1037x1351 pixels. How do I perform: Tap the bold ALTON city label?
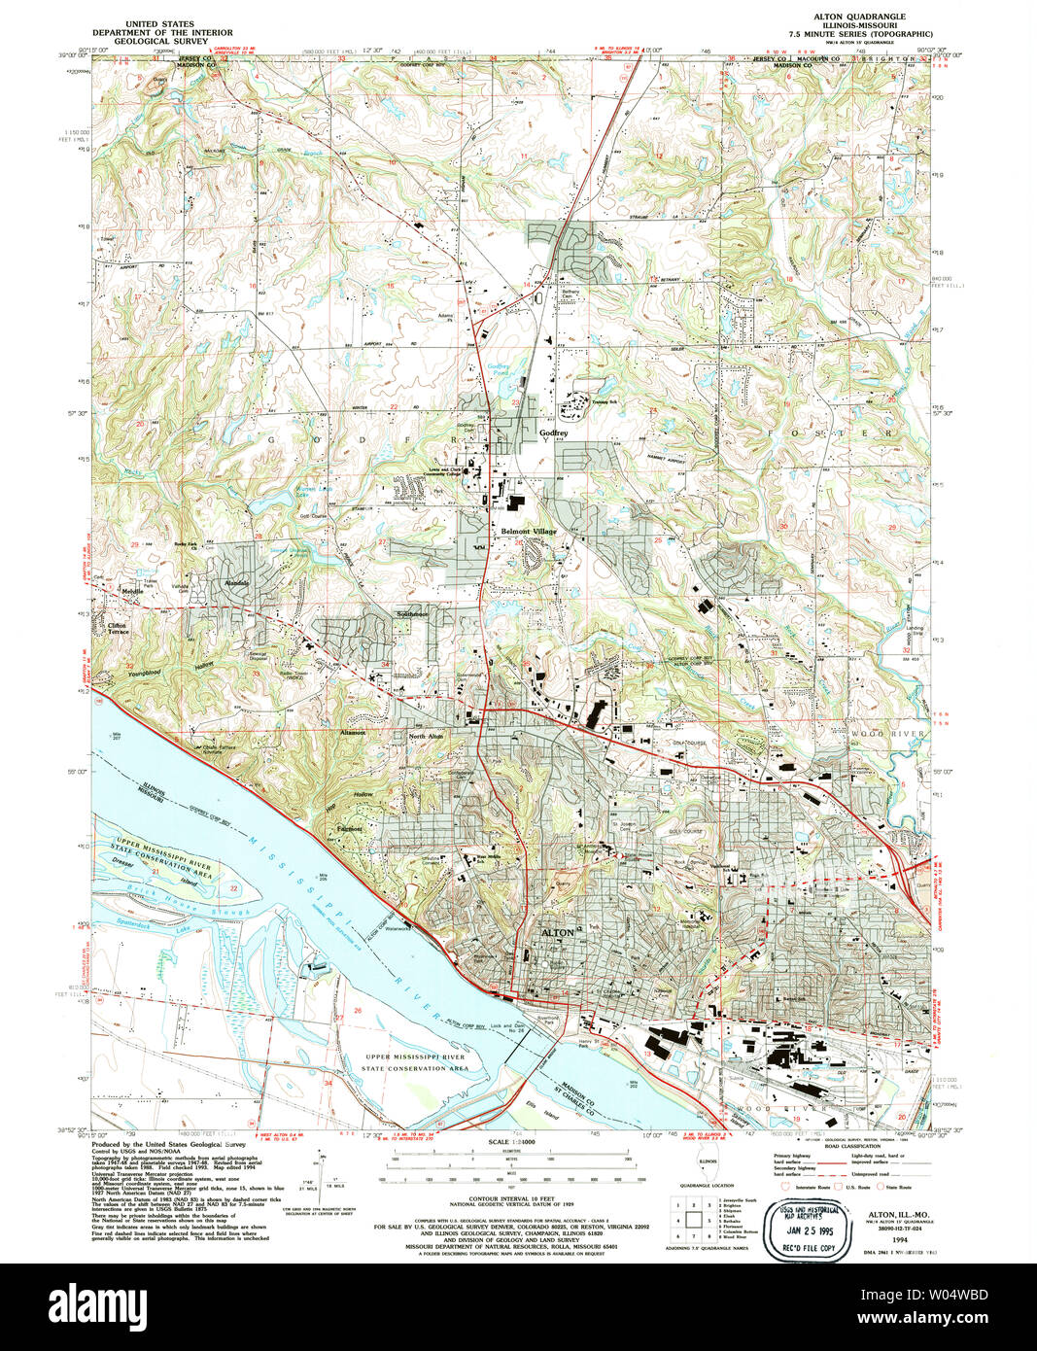coord(557,932)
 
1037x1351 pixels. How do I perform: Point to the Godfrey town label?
coord(553,433)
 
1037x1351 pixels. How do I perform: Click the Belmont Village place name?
coord(529,532)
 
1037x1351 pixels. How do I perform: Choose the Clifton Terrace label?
coord(118,628)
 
